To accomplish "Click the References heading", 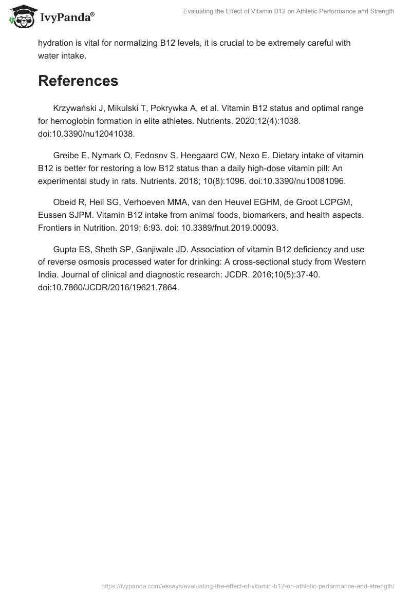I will click(x=78, y=81).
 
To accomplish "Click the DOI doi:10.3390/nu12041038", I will click(x=86, y=133).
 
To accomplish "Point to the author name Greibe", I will click(x=66, y=155).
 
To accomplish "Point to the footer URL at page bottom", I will click(x=248, y=586).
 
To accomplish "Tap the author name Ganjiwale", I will click(x=181, y=249).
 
